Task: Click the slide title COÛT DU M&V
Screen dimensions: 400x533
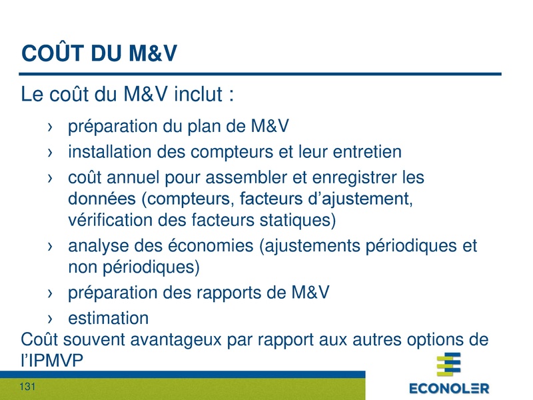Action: [x=99, y=54]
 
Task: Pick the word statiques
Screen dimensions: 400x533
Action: [x=292, y=219]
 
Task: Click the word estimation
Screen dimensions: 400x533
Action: [x=108, y=317]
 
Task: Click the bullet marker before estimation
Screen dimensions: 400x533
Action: [x=51, y=318]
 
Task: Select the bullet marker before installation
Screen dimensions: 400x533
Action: [x=51, y=153]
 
